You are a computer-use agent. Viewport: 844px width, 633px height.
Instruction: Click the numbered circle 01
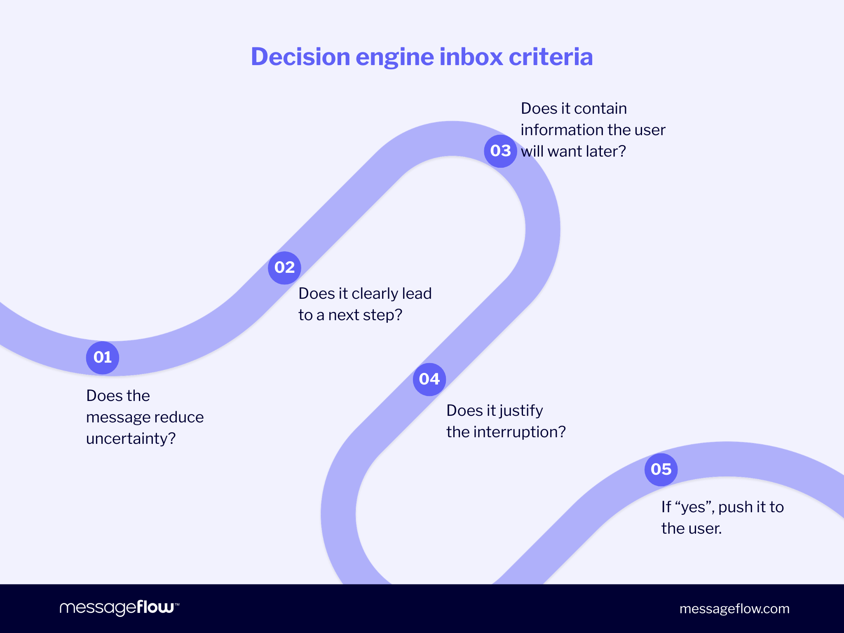tap(103, 357)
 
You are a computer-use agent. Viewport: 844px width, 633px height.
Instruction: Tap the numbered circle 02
tap(284, 267)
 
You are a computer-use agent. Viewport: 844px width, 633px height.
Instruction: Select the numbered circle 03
tap(500, 151)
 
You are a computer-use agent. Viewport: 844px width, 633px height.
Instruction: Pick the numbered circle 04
tap(429, 379)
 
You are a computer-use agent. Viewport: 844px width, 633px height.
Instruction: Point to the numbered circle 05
tap(661, 469)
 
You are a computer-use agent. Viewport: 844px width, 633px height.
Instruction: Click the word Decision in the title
tap(300, 56)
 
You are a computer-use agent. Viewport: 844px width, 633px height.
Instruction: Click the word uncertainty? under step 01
tap(131, 438)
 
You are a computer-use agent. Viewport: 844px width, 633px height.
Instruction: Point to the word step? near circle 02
tap(382, 315)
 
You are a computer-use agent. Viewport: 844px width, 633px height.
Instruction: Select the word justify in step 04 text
tap(521, 411)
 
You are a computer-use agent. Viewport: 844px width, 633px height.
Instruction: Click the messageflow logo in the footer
tap(119, 608)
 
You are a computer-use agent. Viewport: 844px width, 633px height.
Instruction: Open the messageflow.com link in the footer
tap(734, 609)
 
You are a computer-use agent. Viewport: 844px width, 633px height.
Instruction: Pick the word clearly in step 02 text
tap(375, 293)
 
